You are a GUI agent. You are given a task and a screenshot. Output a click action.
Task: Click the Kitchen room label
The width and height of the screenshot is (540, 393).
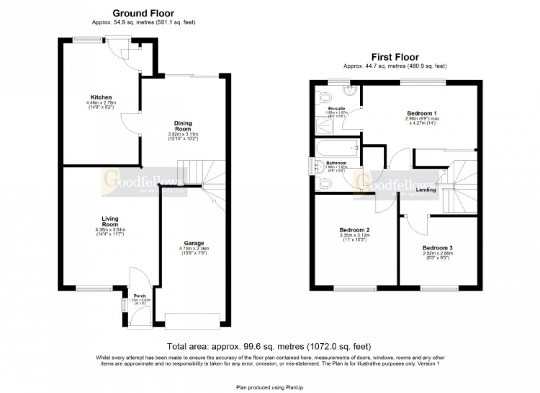tap(101, 98)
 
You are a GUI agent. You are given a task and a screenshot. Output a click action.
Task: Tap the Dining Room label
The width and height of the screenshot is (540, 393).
tap(183, 126)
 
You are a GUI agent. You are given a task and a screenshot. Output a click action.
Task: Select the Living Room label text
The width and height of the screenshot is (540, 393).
tap(110, 221)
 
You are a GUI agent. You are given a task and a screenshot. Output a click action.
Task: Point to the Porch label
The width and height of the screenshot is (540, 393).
tap(139, 295)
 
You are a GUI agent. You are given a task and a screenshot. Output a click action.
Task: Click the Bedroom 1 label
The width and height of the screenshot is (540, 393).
tap(422, 113)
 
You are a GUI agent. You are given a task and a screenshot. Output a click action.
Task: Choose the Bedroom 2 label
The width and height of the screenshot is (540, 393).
tap(354, 230)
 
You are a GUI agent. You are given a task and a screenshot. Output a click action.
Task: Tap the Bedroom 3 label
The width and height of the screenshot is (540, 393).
tap(437, 248)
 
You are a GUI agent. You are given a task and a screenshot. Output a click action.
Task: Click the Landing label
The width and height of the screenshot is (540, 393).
tap(426, 189)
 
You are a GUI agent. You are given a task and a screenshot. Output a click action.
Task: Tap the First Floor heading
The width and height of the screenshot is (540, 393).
tap(394, 57)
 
